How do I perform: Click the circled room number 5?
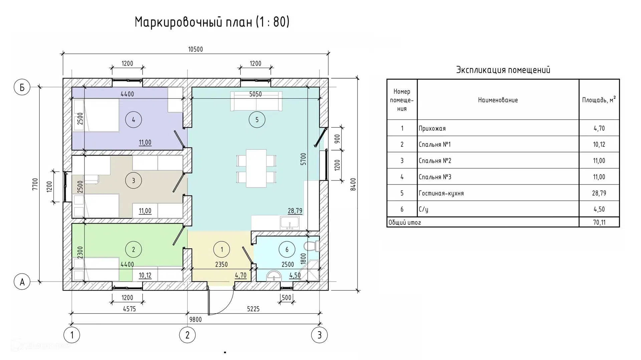pyautogui.click(x=257, y=120)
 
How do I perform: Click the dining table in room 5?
pyautogui.click(x=256, y=168)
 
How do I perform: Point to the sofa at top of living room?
pyautogui.click(x=256, y=101)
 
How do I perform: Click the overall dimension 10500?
pyautogui.click(x=195, y=49)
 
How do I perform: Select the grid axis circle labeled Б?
pyautogui.click(x=22, y=87)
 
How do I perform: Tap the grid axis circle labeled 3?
pyautogui.click(x=319, y=335)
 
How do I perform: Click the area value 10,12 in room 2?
pyautogui.click(x=145, y=275)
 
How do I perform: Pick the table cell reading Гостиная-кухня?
pyautogui.click(x=441, y=193)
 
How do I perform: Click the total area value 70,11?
pyautogui.click(x=599, y=223)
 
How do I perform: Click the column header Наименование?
pyautogui.click(x=498, y=100)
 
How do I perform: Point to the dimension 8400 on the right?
pyautogui.click(x=353, y=184)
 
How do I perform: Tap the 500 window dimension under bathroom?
pyautogui.click(x=286, y=298)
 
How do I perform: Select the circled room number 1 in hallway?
pyautogui.click(x=222, y=249)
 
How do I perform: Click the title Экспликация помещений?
pyautogui.click(x=503, y=70)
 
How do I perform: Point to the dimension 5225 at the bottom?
pyautogui.click(x=253, y=309)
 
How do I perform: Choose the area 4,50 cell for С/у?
pyautogui.click(x=599, y=209)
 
